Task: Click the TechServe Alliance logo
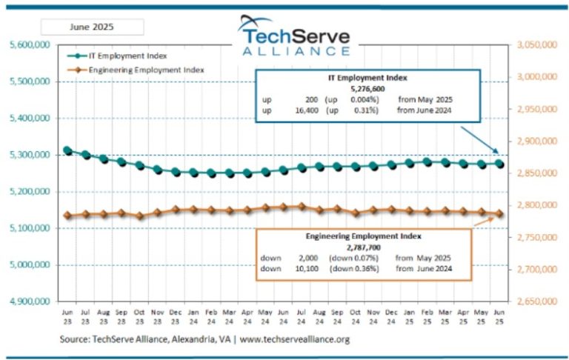[x=294, y=36]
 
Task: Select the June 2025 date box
[x=92, y=27]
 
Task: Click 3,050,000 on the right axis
[x=537, y=45]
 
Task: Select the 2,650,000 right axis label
[x=537, y=301]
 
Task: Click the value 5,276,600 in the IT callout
[x=367, y=87]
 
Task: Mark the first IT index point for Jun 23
[x=67, y=150]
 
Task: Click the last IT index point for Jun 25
[x=500, y=164]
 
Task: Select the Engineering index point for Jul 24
[x=302, y=207]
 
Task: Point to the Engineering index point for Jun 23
[x=67, y=216]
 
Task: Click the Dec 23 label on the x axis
[x=176, y=316]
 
